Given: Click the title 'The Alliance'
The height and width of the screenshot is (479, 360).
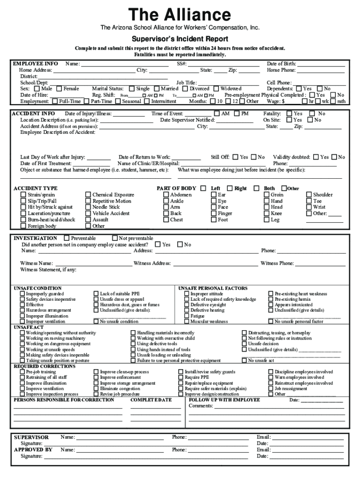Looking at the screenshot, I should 180,15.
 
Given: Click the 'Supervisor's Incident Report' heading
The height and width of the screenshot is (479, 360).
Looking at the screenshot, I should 180,39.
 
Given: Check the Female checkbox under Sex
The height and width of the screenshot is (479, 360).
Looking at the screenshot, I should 59,88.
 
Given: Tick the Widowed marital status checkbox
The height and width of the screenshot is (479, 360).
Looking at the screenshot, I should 216,88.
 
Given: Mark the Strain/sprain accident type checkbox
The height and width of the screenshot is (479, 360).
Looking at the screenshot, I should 23,195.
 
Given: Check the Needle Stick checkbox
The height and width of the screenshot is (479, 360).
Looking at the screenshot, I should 88,207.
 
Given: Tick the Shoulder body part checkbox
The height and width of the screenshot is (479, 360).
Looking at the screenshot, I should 309,195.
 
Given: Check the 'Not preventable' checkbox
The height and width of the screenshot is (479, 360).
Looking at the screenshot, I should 115,238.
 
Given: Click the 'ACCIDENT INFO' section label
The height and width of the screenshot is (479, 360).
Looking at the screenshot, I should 34,114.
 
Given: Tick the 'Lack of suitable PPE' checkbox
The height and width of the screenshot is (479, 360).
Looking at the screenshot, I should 96,294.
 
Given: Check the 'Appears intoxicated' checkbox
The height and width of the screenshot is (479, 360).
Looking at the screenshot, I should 271,305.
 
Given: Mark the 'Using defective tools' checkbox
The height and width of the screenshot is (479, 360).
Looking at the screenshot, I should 133,344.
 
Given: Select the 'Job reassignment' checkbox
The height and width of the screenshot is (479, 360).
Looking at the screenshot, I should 271,389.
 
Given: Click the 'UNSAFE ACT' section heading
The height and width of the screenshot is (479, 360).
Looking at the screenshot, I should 29,327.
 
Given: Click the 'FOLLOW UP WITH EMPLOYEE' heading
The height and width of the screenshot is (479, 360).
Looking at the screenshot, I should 224,400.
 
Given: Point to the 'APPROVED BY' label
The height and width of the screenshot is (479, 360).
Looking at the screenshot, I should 33,450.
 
